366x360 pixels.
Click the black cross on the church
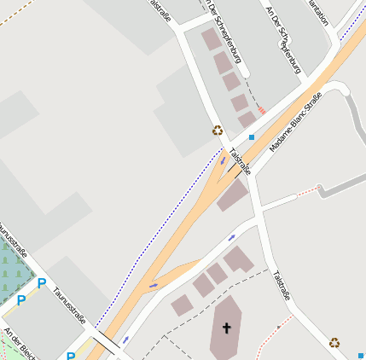click(227, 328)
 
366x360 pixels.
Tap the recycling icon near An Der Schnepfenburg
click(218, 131)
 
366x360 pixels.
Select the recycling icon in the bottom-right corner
click(334, 342)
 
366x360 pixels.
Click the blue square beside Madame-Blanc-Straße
click(251, 136)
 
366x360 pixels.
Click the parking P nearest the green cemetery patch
click(20, 300)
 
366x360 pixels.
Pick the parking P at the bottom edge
click(71, 356)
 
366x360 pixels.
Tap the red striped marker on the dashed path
click(262, 110)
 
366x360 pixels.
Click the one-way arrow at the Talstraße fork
click(223, 160)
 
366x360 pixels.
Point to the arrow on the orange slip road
click(154, 285)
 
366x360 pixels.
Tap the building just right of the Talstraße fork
click(232, 195)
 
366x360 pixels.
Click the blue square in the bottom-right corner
click(361, 355)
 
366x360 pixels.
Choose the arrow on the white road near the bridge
click(125, 340)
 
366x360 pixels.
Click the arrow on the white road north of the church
click(231, 238)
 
